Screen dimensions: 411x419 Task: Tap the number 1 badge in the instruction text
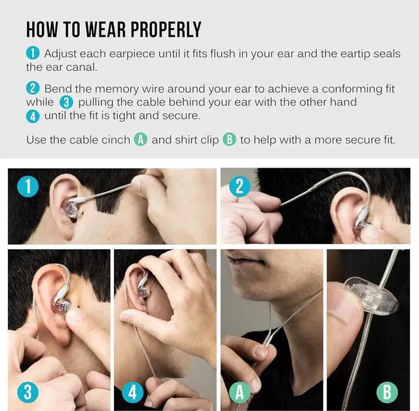[x=33, y=53]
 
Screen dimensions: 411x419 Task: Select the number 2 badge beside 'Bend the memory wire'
[x=33, y=88]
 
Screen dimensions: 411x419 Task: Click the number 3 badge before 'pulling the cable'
[x=67, y=102]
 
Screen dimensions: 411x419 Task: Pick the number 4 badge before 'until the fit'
[x=33, y=116]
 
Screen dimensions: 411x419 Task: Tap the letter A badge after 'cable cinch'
[x=140, y=139]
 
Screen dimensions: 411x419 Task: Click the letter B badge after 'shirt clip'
[x=229, y=139]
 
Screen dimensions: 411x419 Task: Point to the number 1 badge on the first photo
[x=27, y=187]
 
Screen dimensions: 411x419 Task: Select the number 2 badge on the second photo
[x=240, y=187]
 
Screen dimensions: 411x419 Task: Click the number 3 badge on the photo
[x=27, y=392]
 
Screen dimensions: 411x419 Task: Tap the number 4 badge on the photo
[x=134, y=392]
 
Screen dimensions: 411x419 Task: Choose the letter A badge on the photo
[x=240, y=392]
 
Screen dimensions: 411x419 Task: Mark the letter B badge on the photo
[x=388, y=392]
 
